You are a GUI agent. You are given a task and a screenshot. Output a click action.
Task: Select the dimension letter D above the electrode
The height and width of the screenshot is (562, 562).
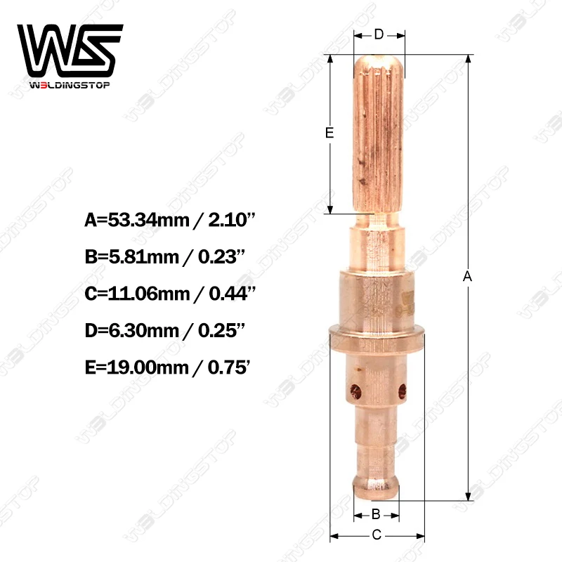point(378,34)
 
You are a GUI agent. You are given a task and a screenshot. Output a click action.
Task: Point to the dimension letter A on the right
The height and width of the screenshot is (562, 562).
point(467,277)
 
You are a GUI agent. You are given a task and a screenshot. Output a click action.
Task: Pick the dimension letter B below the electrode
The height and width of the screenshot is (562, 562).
point(376,514)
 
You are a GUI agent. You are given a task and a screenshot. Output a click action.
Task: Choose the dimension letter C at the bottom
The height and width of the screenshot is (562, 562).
point(377,535)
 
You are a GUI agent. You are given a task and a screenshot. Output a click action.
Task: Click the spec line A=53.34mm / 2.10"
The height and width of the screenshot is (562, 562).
point(169,221)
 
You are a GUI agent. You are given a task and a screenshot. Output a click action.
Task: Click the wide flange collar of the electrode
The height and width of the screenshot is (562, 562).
point(377,329)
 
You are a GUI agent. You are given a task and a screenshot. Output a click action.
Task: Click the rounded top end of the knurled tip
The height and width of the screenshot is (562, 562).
point(379,62)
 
